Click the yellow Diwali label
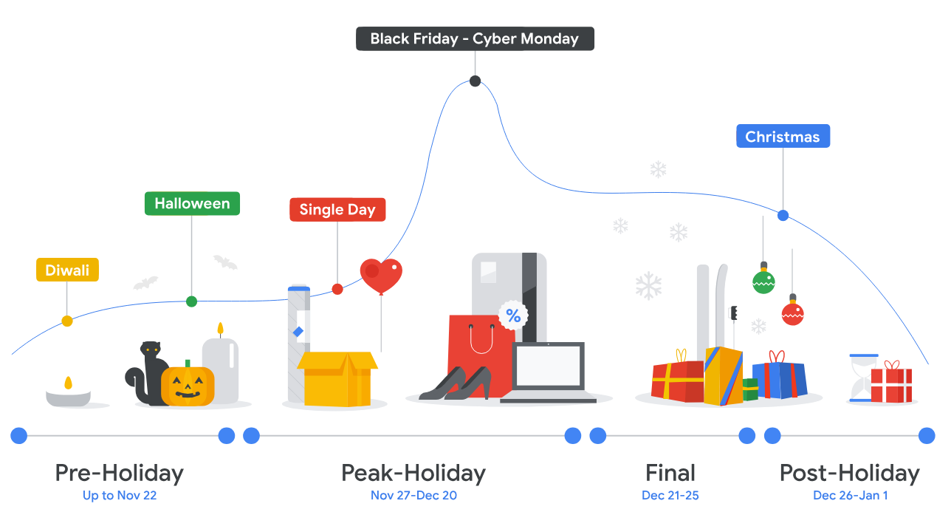coord(67,270)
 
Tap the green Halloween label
coord(192,203)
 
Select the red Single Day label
coord(337,209)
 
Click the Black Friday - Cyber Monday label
coord(475,38)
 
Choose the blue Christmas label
coord(783,136)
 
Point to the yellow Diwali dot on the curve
coord(67,321)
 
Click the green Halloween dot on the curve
coord(191,301)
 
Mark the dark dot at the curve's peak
coord(475,81)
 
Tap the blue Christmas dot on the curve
coord(783,216)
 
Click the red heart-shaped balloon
coord(381,275)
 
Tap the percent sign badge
coord(513,316)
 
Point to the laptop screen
coord(549,366)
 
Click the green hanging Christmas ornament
coord(763,281)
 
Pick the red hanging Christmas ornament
coord(792,314)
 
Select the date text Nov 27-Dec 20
coord(413,495)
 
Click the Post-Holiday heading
coord(850,473)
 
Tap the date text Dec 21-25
coord(670,495)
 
